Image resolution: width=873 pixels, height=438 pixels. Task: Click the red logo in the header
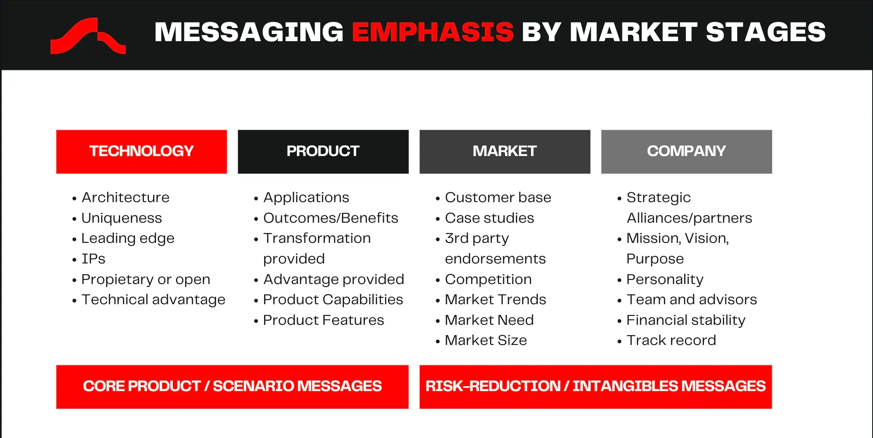point(87,36)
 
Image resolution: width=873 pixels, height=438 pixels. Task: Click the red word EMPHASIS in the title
point(432,32)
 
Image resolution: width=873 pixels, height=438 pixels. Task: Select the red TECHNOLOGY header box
point(142,151)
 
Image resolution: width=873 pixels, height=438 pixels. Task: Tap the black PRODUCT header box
point(323,151)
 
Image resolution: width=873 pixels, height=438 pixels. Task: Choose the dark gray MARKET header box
point(505,151)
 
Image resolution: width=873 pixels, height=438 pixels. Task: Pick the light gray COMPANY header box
point(686,151)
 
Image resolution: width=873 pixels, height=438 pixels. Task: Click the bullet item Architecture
point(125,198)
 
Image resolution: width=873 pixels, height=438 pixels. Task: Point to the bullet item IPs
point(93,259)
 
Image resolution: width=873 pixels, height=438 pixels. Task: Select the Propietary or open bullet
point(146,280)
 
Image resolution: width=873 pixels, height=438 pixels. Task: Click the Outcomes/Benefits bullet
point(330,218)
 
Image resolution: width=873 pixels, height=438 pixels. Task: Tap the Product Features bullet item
point(323,320)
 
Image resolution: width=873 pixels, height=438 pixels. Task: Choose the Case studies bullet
point(489,218)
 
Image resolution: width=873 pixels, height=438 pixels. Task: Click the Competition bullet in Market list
point(488,280)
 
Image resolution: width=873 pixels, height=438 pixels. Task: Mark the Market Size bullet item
point(485,340)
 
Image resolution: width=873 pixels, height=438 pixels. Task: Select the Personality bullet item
point(665,280)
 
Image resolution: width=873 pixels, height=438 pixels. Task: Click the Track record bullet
point(671,340)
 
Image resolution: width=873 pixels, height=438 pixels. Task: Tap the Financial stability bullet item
point(686,320)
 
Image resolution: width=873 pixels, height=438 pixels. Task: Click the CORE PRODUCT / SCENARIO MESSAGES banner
point(232,387)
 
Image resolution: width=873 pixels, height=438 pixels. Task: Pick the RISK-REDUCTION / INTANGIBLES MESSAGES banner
point(595,387)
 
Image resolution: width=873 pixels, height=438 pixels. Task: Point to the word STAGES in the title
point(766,32)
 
